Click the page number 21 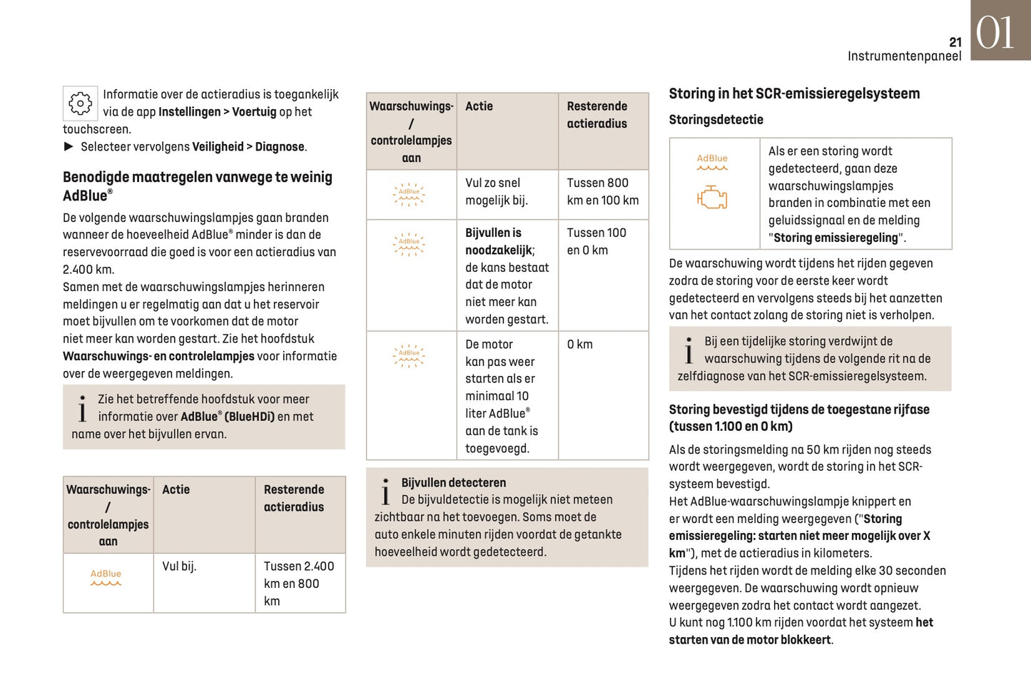tap(955, 42)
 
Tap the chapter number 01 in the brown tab tap(995, 33)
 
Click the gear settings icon tap(80, 103)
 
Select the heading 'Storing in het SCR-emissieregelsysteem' tap(794, 93)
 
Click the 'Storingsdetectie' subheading tap(716, 120)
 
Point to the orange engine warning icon tap(712, 198)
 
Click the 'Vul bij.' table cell tap(179, 566)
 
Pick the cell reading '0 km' tap(579, 345)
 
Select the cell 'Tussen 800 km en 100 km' tap(602, 192)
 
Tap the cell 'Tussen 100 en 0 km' tap(596, 241)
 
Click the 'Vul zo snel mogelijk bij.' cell tap(497, 192)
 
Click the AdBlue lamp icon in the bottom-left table tap(106, 577)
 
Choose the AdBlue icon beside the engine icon tap(712, 162)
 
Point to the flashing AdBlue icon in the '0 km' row tap(410, 355)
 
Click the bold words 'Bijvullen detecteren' tap(453, 483)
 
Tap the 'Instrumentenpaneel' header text tap(904, 56)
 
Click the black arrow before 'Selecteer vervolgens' tap(68, 146)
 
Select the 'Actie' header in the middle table tap(479, 106)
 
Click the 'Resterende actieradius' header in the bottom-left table tap(294, 498)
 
